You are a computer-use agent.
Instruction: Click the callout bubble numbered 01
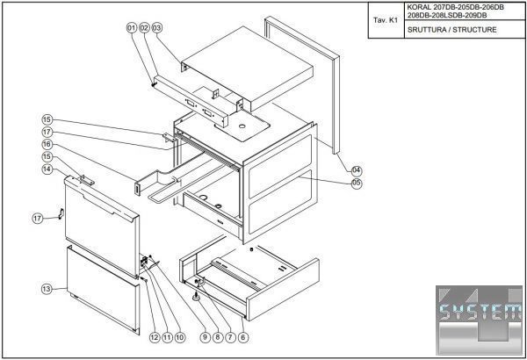(133, 29)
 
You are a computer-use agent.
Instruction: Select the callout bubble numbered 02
(145, 29)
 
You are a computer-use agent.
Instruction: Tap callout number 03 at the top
(158, 29)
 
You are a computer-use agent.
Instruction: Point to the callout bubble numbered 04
(357, 169)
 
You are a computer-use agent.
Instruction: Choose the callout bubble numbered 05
(357, 184)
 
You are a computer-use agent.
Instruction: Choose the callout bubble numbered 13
(47, 288)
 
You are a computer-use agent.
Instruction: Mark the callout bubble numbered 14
(47, 169)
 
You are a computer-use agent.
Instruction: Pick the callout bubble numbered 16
(47, 144)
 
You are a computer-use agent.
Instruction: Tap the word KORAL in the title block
(418, 7)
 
